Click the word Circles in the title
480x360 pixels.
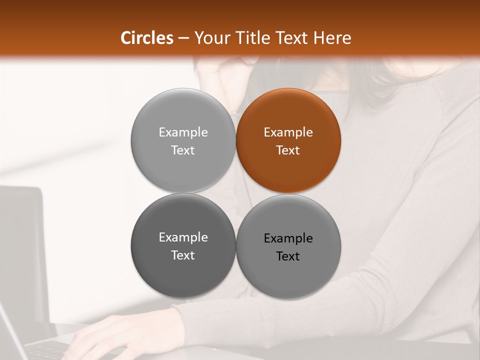147,38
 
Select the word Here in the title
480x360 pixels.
332,38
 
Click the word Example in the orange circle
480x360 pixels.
288,132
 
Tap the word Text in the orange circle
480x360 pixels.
288,150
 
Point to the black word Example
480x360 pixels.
288,238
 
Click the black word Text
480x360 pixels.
288,256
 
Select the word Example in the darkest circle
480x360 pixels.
183,237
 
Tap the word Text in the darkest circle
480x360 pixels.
183,255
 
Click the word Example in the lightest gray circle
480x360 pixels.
183,132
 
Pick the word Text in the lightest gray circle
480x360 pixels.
183,150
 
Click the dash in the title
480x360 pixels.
183,38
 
